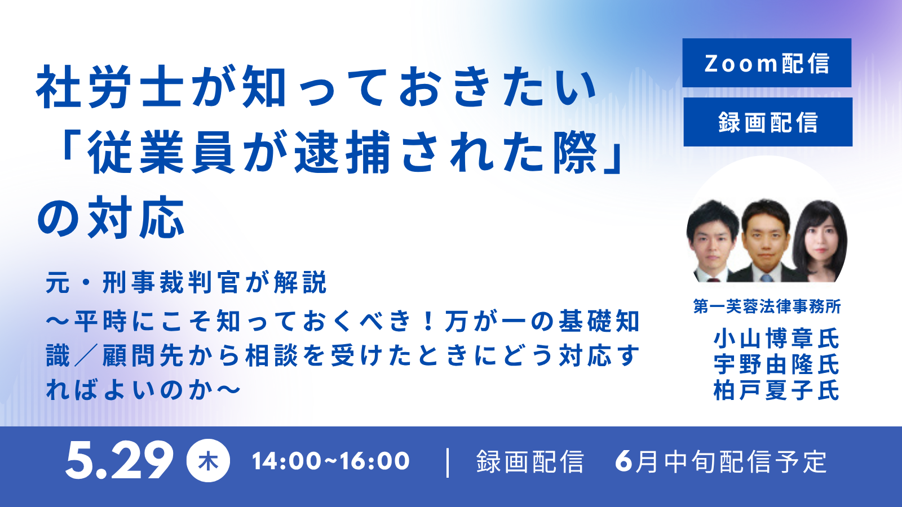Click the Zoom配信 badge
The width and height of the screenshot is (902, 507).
[767, 63]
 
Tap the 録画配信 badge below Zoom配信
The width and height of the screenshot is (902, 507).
[767, 122]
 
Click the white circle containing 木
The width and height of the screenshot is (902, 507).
[208, 461]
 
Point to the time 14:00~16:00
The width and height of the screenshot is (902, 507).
[330, 461]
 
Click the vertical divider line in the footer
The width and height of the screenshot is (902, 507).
[448, 462]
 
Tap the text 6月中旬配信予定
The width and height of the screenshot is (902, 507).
[721, 461]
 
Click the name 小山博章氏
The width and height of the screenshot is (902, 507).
[776, 339]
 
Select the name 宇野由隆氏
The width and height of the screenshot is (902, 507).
[776, 364]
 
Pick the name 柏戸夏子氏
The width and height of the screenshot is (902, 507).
[776, 390]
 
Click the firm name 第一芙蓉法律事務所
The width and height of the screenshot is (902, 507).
[767, 306]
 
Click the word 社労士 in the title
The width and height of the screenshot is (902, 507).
[110, 87]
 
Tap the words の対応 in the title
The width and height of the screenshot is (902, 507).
[111, 217]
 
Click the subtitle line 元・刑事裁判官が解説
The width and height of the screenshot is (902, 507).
[186, 283]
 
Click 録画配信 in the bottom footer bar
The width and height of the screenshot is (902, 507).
[530, 461]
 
